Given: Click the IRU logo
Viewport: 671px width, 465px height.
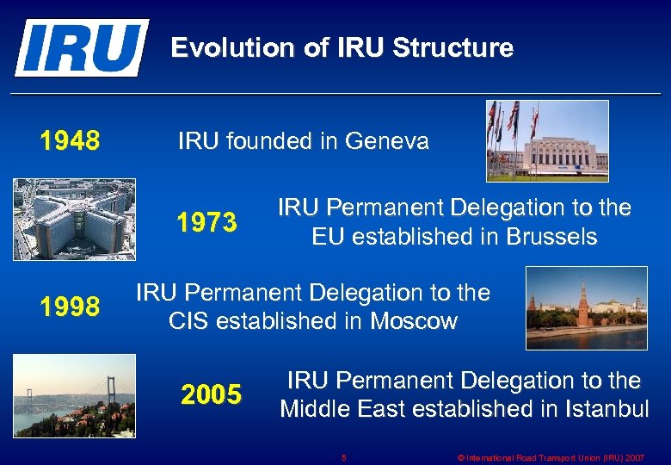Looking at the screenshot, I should [81, 47].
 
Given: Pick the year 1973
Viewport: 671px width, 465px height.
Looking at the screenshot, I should [206, 223].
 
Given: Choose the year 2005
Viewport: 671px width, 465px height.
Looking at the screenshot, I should [212, 394].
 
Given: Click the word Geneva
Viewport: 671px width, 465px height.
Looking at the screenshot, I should [386, 141].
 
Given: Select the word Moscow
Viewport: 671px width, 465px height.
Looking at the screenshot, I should [414, 321].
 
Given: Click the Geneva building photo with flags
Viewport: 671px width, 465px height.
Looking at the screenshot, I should [547, 141].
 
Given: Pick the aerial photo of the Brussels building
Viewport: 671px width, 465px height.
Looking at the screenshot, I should [74, 219].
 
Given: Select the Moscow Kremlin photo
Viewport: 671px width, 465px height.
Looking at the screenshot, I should [586, 308].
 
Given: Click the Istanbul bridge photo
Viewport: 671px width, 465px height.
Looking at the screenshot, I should [74, 395].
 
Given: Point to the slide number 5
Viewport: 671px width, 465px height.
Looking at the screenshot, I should [343, 457].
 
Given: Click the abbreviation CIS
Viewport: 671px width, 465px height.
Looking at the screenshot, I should [189, 321].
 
